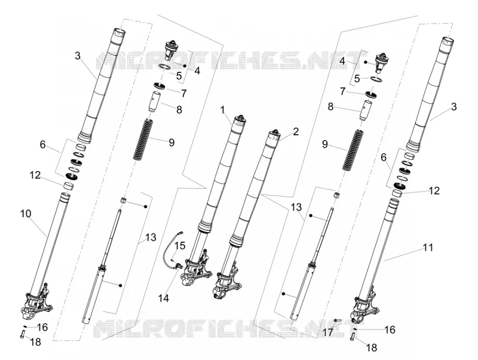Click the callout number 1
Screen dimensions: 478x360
click(x=223, y=109)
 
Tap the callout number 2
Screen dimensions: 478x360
click(x=295, y=132)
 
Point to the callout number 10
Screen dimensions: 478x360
click(x=26, y=213)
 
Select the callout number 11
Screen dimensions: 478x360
click(x=428, y=248)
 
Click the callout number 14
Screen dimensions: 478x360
click(x=164, y=298)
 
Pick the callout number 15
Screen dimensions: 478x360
click(x=180, y=245)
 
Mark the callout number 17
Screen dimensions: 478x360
click(x=328, y=332)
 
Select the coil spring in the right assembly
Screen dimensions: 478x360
click(x=352, y=150)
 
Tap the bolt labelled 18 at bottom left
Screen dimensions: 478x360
click(x=23, y=334)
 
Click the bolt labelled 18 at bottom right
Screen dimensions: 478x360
click(x=353, y=337)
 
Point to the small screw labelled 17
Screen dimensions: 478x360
click(x=336, y=320)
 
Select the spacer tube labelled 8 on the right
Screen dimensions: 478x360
click(x=366, y=111)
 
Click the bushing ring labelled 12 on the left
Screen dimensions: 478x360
click(x=69, y=185)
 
